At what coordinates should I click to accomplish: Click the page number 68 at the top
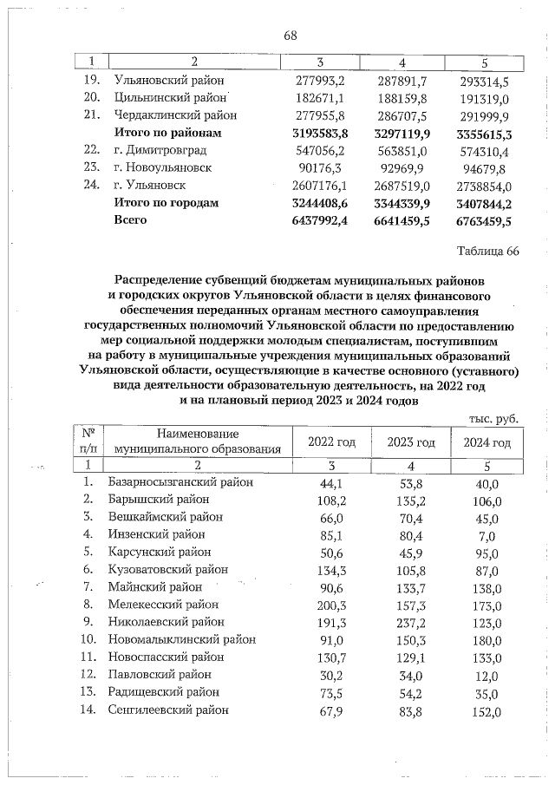click(290, 36)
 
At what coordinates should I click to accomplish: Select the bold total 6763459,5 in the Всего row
click(482, 220)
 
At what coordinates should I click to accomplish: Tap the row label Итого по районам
click(168, 133)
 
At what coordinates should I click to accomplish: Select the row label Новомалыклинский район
click(182, 639)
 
